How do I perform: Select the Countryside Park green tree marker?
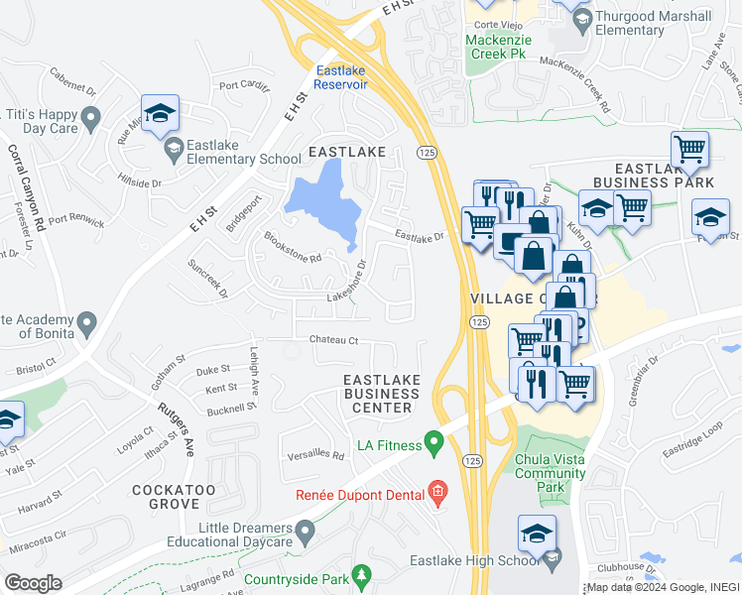point(362,575)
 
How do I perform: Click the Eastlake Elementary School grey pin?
point(174,150)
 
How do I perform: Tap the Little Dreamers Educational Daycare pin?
point(306,534)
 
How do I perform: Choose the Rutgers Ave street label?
point(175,427)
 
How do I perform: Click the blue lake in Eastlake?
point(321,199)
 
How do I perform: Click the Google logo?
point(33,583)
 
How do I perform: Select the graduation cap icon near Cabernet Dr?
point(159,114)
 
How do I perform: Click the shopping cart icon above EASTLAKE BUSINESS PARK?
point(689,151)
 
